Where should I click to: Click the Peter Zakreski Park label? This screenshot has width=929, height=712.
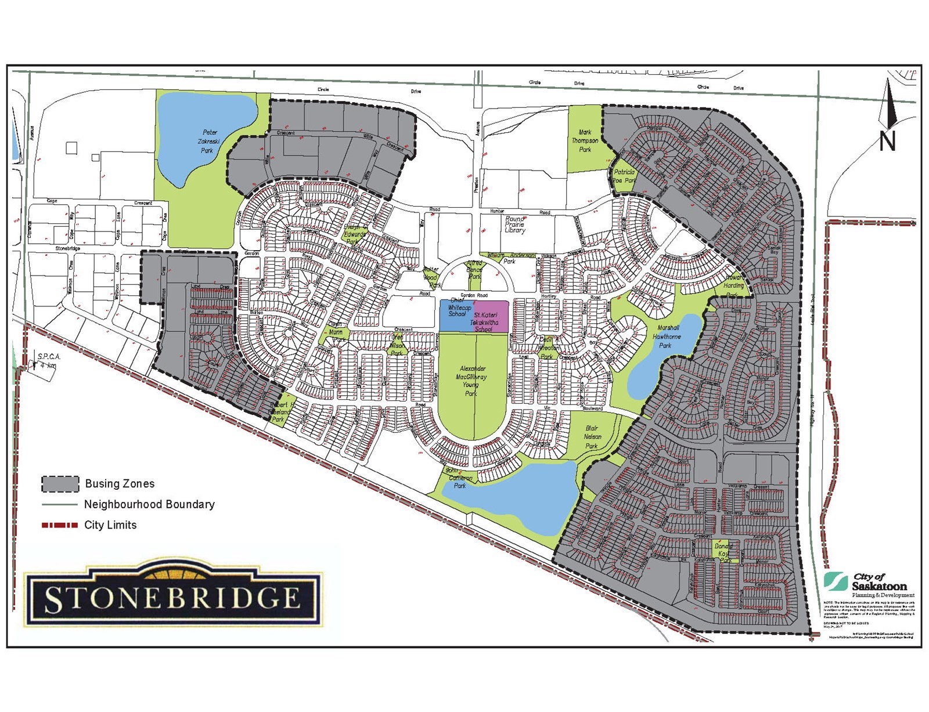[x=207, y=142]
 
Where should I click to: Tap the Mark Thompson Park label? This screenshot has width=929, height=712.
[x=585, y=141]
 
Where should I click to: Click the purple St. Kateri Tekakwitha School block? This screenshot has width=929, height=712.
[x=491, y=317]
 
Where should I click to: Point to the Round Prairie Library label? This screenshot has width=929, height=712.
[x=515, y=225]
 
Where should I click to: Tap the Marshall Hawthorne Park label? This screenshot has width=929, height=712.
[x=666, y=337]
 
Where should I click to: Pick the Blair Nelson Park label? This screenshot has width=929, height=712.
[x=592, y=437]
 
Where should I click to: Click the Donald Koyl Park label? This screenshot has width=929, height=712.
[x=723, y=554]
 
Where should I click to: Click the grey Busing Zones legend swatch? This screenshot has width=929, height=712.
[x=60, y=483]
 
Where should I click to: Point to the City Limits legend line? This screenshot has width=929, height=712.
[x=59, y=525]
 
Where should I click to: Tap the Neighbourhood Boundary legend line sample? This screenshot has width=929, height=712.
[x=59, y=504]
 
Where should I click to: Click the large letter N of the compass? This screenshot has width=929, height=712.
[x=887, y=141]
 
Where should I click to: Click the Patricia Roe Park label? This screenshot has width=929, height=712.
[x=624, y=176]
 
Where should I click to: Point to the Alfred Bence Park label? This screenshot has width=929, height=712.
[x=474, y=270]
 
